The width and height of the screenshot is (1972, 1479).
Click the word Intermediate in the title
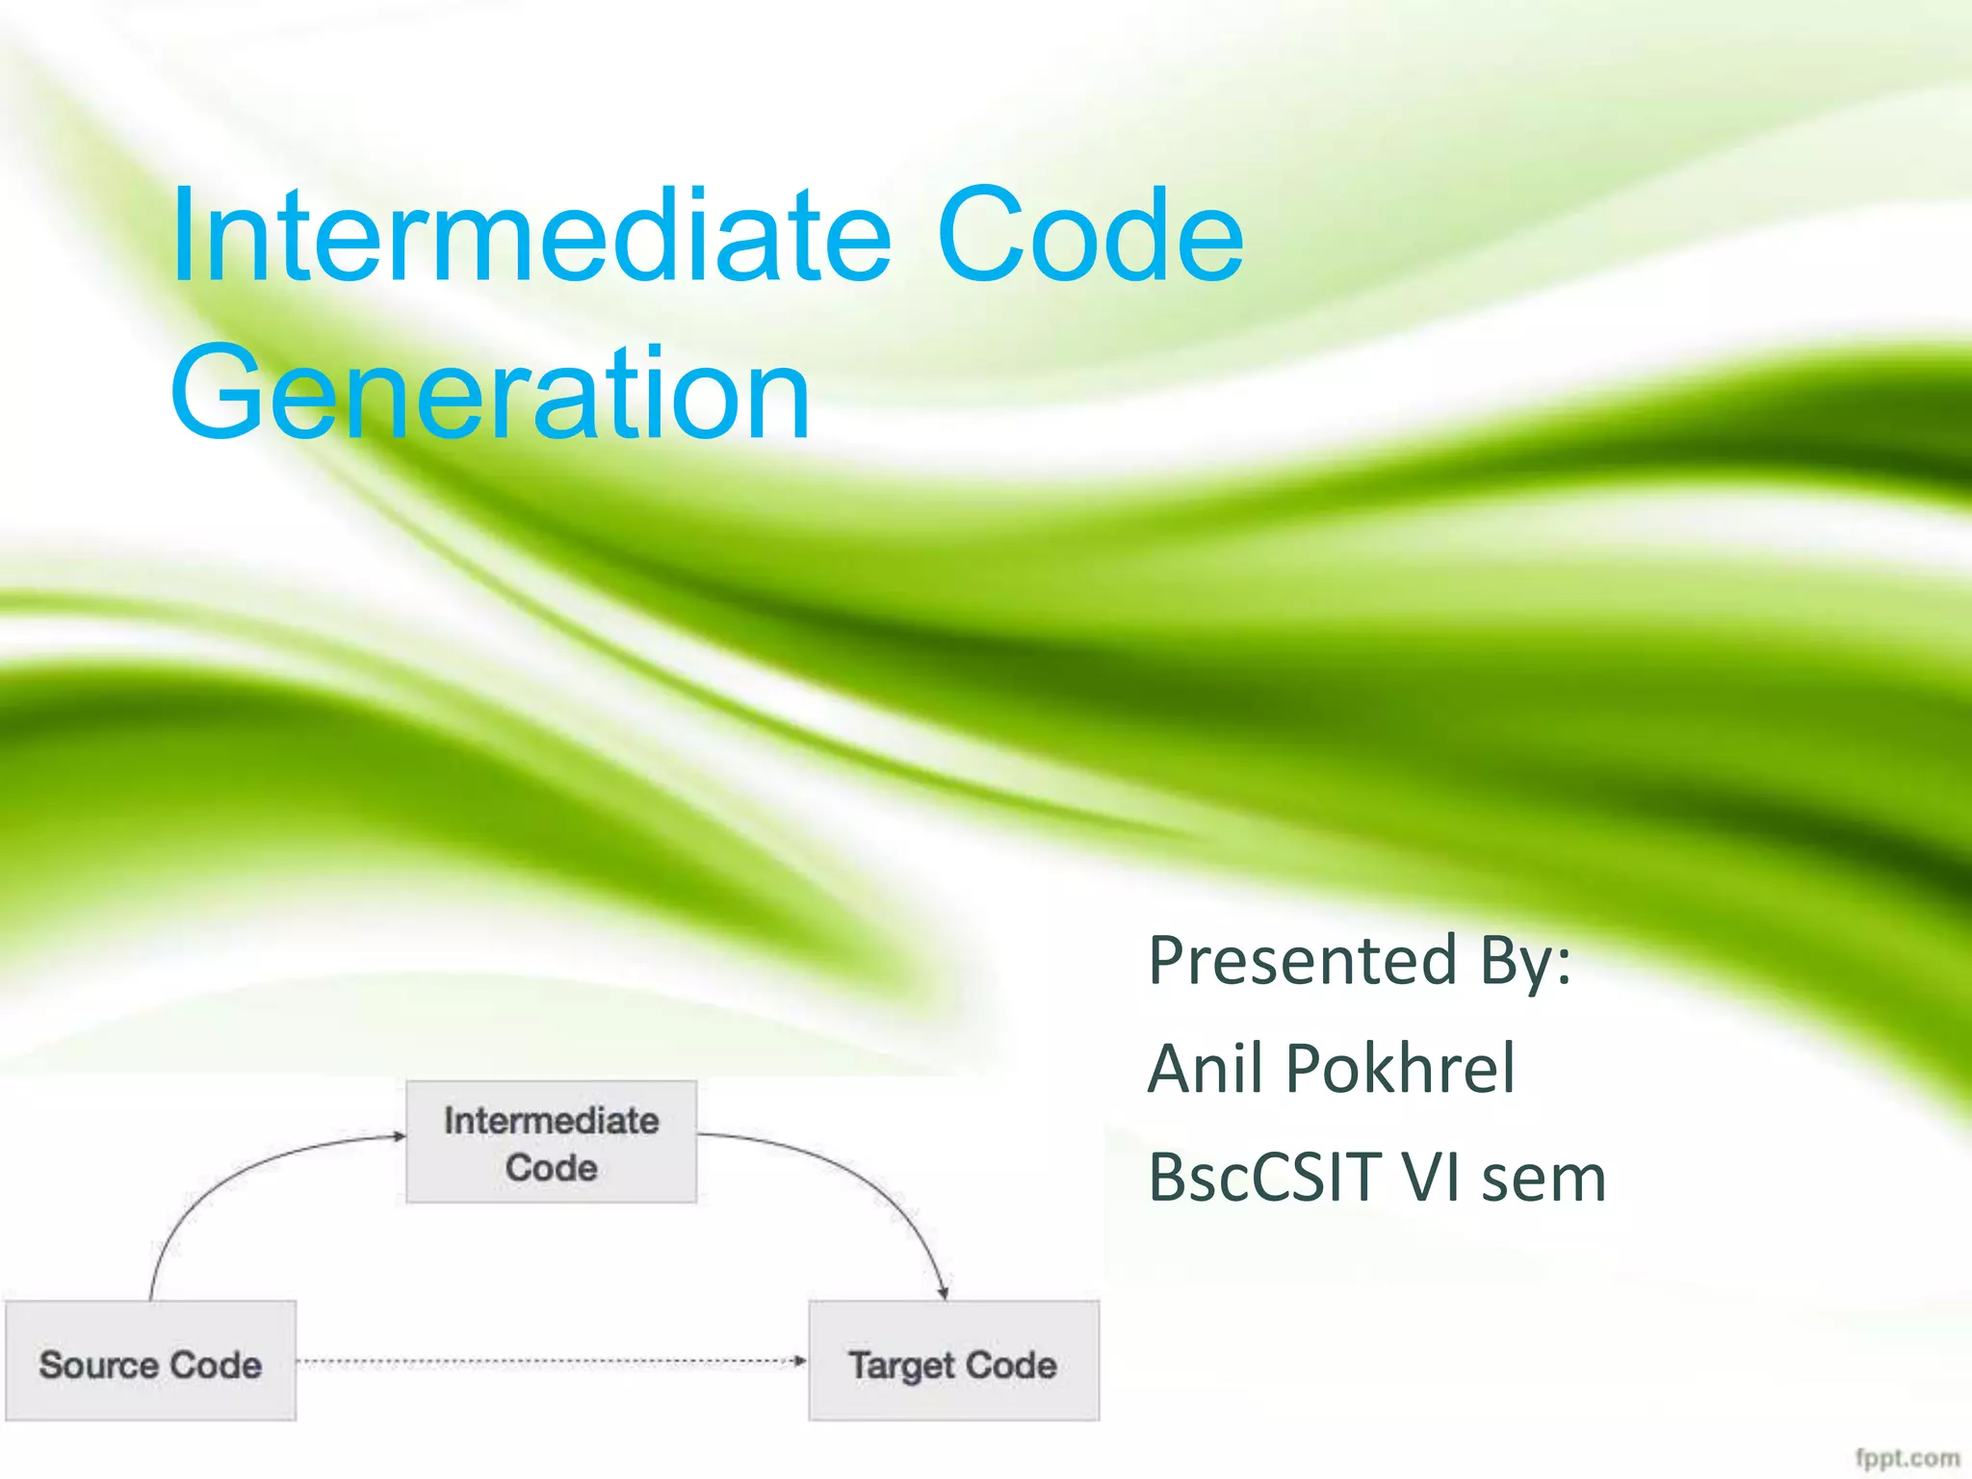click(x=530, y=236)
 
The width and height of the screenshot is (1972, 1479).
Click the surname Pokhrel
click(x=1400, y=1069)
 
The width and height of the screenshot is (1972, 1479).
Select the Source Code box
click(x=150, y=1360)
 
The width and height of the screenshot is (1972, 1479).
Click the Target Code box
click(x=953, y=1360)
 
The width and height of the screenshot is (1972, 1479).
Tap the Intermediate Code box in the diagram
click(x=551, y=1142)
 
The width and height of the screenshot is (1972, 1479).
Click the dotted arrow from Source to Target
click(x=549, y=1361)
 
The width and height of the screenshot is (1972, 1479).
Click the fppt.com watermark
click(x=1907, y=1458)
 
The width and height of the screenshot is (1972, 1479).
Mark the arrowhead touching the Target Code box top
click(x=944, y=1293)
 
